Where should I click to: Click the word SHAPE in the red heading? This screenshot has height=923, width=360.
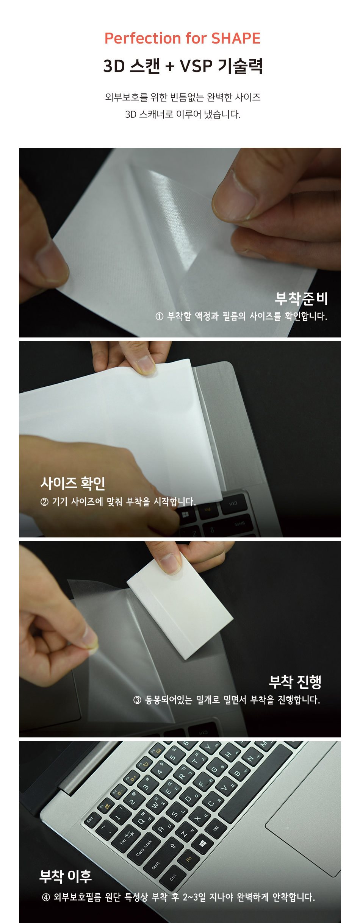[236, 38]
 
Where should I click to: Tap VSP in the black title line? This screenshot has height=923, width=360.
[196, 66]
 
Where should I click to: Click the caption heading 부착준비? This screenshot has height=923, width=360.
[301, 298]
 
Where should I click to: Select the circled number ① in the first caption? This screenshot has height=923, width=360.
[159, 316]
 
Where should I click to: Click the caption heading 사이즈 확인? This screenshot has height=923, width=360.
[73, 483]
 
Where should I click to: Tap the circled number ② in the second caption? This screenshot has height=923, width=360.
[44, 502]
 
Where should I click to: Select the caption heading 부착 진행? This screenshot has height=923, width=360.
[295, 682]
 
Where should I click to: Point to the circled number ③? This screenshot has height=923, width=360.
[137, 700]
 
